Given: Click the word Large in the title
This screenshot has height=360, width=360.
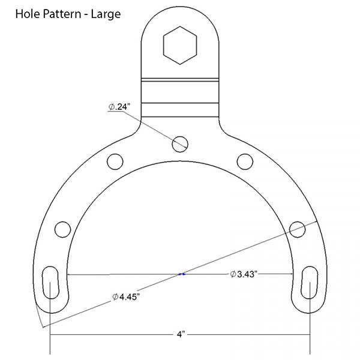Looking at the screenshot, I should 105,13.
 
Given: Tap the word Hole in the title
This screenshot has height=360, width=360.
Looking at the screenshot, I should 26,13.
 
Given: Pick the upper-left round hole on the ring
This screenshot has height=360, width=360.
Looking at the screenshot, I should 115,160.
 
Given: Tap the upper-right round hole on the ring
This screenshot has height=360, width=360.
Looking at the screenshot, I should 244,160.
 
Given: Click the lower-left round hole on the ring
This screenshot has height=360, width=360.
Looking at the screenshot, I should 62,228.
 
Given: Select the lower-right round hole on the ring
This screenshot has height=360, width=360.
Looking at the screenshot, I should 297,227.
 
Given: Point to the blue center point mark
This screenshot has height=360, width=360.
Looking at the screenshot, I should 182,274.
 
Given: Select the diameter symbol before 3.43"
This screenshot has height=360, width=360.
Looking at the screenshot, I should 232,274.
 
